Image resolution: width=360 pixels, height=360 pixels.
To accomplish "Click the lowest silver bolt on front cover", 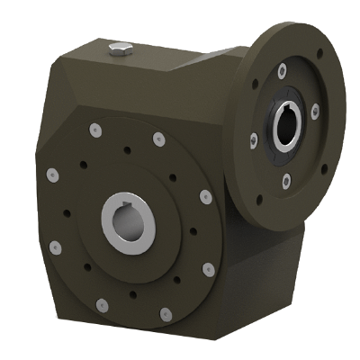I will [x=166, y=313].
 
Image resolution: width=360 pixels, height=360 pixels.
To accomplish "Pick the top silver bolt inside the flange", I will [x=283, y=70].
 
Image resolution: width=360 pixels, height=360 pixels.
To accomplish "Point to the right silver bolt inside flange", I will [x=314, y=112].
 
